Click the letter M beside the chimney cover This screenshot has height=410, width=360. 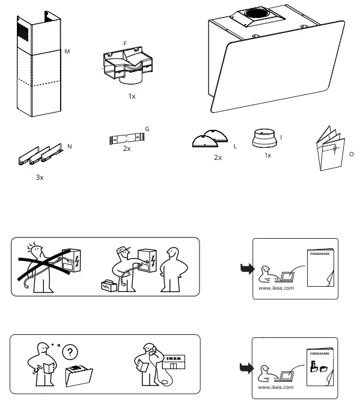click(x=68, y=52)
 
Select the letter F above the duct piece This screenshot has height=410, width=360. click(x=125, y=44)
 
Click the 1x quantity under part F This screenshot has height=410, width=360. click(x=132, y=96)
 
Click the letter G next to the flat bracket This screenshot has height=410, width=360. click(x=147, y=129)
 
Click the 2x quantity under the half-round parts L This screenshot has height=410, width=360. click(x=218, y=157)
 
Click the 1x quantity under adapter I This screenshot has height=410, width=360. click(x=268, y=155)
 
